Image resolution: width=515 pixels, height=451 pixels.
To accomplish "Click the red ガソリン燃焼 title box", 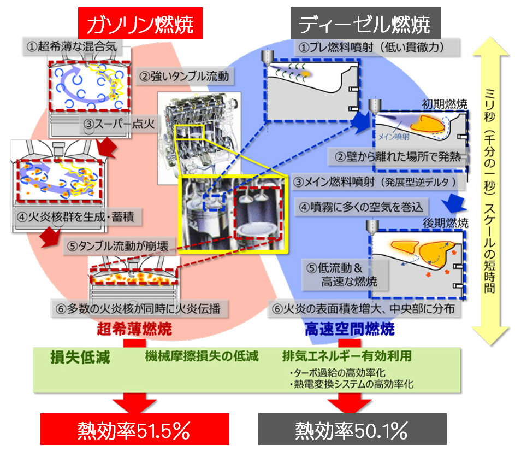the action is click(140, 24).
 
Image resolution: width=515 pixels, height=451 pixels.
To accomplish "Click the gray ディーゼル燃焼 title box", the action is click(365, 24).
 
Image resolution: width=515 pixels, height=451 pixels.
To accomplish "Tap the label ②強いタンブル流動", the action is click(185, 77).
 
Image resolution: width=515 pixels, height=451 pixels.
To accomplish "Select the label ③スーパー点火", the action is click(119, 124).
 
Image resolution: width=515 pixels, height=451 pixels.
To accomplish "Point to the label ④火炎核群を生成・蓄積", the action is click(78, 217).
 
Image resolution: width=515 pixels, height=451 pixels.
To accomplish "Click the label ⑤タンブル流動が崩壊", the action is click(119, 246).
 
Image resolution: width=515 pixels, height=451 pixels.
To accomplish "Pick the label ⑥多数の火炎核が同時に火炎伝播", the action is click(139, 308).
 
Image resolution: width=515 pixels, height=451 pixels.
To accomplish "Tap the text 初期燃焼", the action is click(445, 104).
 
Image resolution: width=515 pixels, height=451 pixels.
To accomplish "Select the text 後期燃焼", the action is click(446, 223).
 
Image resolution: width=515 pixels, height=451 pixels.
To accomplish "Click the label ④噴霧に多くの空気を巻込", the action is click(362, 207).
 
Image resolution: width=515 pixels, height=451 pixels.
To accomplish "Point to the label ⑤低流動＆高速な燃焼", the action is click(345, 275).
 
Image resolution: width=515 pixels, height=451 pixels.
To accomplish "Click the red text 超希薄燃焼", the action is click(135, 329).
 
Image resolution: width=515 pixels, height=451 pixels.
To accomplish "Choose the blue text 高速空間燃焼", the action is click(350, 329).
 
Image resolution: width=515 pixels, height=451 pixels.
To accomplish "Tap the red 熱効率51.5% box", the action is click(135, 429).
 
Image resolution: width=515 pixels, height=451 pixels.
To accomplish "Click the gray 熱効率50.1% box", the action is click(352, 429).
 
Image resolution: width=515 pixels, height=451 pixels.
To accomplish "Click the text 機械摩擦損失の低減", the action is click(202, 356).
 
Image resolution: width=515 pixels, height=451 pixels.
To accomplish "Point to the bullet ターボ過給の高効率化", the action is click(338, 373).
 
